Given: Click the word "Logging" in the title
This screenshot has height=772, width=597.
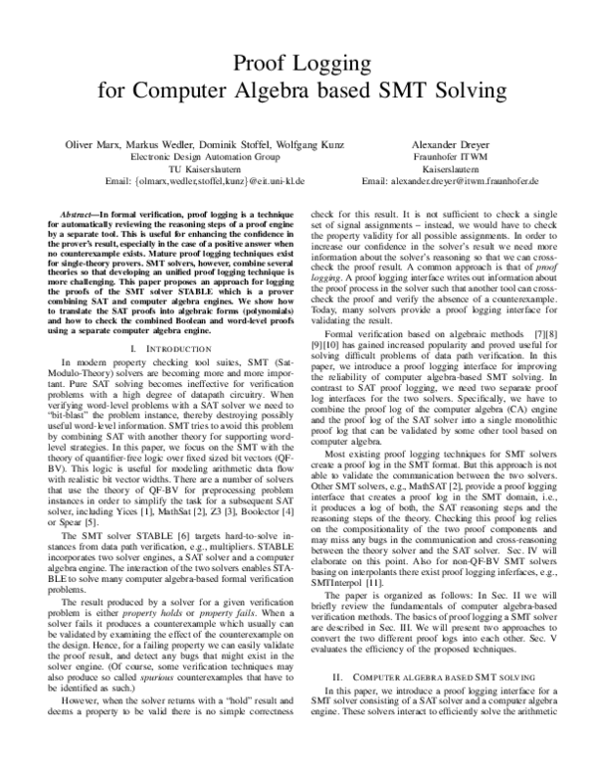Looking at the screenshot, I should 347,65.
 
